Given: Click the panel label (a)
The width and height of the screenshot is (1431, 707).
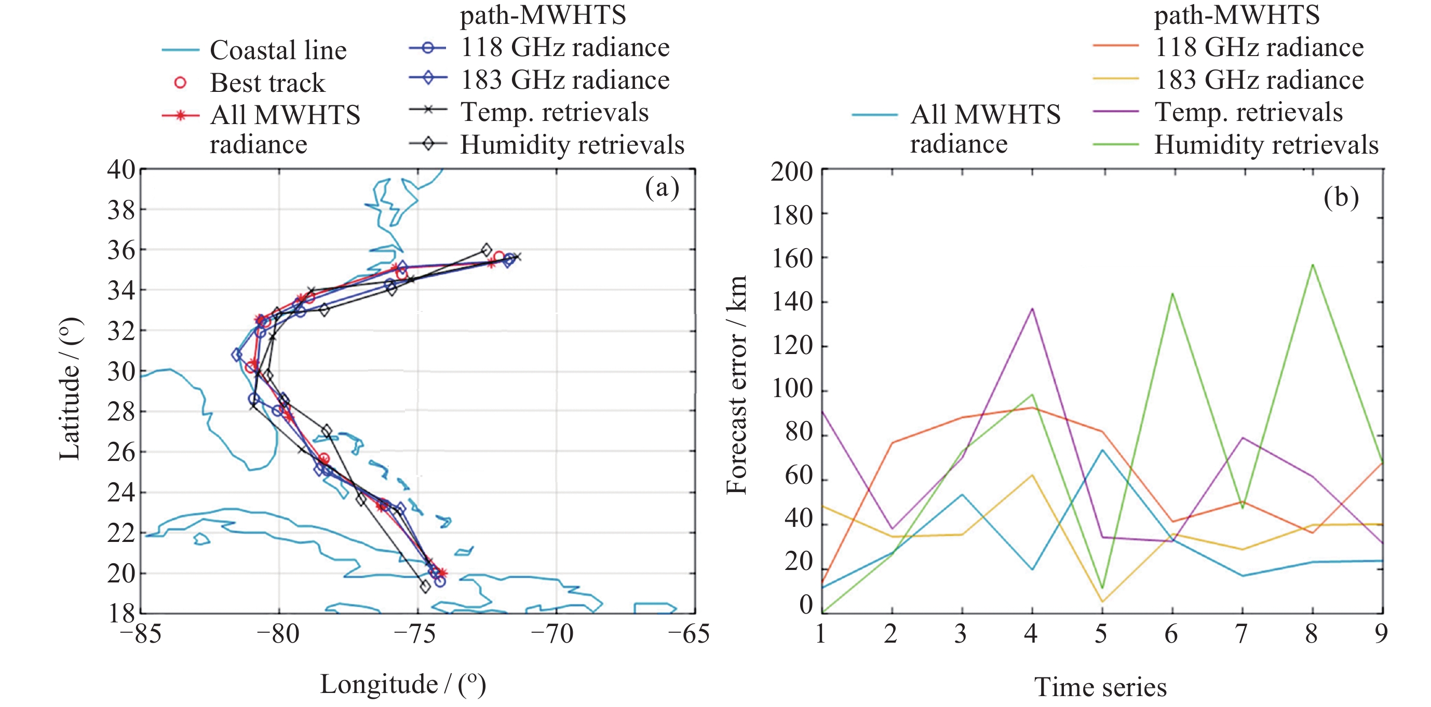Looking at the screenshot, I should click(661, 188).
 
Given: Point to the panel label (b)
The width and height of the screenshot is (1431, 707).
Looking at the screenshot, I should click(1341, 197).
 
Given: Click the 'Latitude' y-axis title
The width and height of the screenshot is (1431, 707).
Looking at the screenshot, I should click(70, 389).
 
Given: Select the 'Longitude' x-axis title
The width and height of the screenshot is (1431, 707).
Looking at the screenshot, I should click(403, 684).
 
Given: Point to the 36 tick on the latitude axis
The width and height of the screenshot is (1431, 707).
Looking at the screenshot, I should click(121, 250).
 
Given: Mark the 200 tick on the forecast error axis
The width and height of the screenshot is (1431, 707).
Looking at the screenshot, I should click(792, 172).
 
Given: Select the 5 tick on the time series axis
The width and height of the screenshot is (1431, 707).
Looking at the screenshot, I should click(1101, 634).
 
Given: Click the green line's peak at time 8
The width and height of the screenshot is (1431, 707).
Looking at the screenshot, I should click(1313, 265).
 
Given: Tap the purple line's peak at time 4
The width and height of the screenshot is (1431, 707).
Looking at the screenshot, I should click(1032, 308).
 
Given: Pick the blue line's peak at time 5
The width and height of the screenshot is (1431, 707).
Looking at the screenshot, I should click(1102, 450).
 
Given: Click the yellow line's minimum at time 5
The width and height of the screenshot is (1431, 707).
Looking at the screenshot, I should click(1102, 602).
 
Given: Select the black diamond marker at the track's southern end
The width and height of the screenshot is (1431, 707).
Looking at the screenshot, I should click(425, 587).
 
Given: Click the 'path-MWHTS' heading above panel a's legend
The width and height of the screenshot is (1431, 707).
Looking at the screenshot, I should click(543, 15).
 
